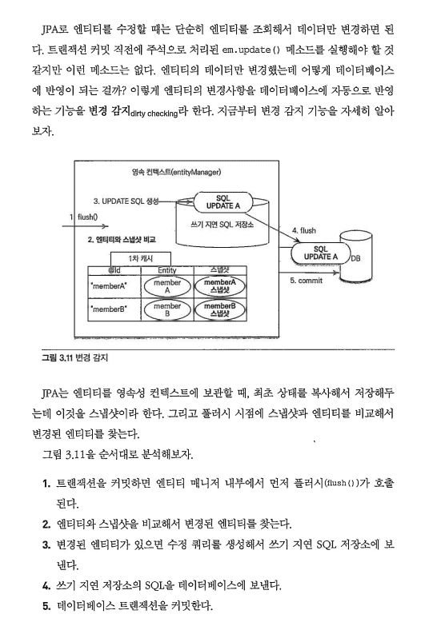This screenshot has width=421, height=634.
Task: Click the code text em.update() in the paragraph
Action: [x=251, y=50]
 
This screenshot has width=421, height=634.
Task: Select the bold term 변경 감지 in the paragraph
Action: [x=110, y=110]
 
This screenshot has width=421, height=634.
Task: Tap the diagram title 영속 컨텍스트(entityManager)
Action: [x=177, y=172]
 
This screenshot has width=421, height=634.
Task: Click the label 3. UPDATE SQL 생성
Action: [x=126, y=201]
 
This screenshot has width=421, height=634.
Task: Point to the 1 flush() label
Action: [x=84, y=217]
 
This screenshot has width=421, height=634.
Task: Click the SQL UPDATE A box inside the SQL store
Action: [x=223, y=201]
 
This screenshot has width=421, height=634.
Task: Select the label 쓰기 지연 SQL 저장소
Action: [x=223, y=225]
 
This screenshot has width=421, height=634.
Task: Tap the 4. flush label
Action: [x=303, y=230]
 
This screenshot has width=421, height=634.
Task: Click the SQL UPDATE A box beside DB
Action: [x=320, y=253]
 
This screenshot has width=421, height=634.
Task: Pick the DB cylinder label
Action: [x=355, y=258]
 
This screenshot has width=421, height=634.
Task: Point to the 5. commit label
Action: [x=306, y=280]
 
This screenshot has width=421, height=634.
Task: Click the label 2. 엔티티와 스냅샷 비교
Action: [x=122, y=239]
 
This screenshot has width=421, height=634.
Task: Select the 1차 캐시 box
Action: [x=141, y=259]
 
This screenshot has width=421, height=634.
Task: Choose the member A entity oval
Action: [x=167, y=286]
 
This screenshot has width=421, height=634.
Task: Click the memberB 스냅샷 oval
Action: [x=220, y=309]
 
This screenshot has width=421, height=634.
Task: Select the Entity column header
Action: [x=167, y=270]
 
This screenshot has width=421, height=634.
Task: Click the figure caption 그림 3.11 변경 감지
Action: [x=74, y=358]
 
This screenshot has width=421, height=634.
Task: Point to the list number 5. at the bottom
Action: [x=46, y=606]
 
